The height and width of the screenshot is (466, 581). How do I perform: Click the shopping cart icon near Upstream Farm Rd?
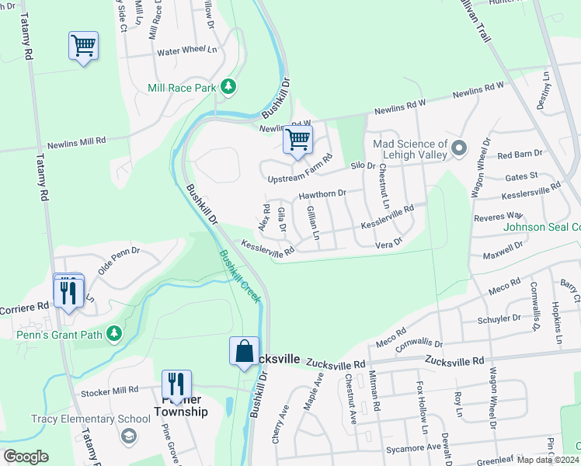(x=297, y=141)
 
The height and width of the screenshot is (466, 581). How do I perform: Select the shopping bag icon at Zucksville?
(x=244, y=350)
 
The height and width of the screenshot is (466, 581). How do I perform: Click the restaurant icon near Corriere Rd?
(x=68, y=291)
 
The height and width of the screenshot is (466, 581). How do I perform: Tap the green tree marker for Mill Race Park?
(x=228, y=87)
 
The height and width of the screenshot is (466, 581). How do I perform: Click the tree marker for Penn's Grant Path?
(x=115, y=334)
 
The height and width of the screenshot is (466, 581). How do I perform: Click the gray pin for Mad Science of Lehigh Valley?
(x=459, y=146)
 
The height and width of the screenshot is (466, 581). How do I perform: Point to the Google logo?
(x=26, y=457)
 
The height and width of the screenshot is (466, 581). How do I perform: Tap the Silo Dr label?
(x=363, y=165)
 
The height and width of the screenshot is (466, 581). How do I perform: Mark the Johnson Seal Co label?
(x=542, y=228)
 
